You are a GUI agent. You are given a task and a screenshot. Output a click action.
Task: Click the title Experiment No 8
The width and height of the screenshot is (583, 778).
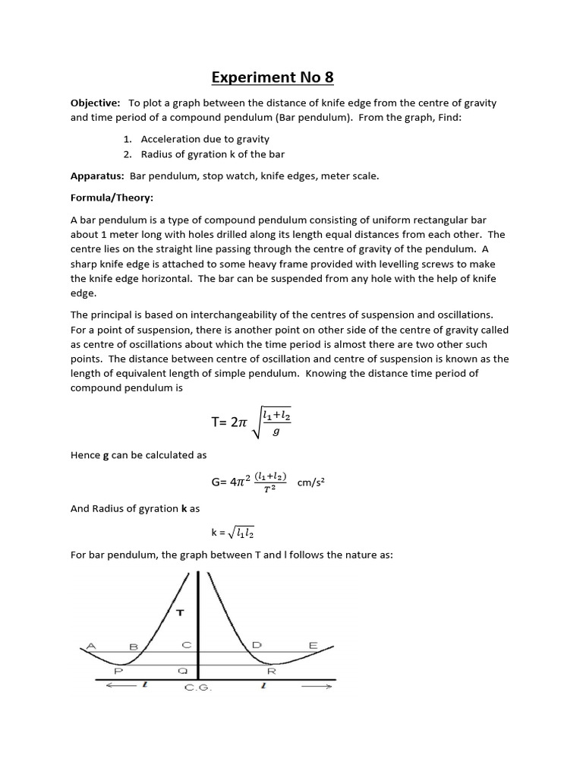(272, 77)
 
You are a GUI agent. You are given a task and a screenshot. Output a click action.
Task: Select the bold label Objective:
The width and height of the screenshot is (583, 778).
(95, 103)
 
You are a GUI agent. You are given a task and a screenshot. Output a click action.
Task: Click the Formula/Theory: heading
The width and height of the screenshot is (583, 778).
(112, 198)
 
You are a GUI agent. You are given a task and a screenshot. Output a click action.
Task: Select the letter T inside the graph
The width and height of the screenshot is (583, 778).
(180, 612)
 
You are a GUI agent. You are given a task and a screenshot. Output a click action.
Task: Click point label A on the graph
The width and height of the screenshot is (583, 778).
(92, 646)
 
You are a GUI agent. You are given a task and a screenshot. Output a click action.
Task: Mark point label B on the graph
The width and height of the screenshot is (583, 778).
(134, 647)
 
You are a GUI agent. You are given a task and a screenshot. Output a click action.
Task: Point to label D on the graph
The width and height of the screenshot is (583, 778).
(257, 645)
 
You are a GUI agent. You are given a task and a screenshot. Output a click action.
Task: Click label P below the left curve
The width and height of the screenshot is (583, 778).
(118, 671)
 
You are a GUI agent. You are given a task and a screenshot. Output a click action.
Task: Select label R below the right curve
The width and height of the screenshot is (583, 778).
(271, 671)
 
